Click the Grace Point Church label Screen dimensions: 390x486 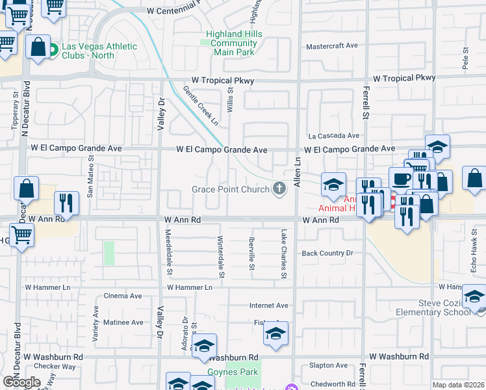click(x=230, y=190)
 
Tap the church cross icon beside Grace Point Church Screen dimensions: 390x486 click(x=279, y=189)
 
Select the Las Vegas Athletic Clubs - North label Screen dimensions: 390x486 click(x=99, y=51)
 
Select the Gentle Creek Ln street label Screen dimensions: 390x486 click(x=200, y=105)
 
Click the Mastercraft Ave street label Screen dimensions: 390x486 click(x=332, y=46)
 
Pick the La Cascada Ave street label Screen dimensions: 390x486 click(x=333, y=136)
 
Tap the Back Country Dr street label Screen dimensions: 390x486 click(x=327, y=253)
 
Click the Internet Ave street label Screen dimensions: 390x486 click(x=269, y=305)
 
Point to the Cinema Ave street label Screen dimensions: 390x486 click(x=123, y=296)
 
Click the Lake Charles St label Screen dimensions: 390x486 click(x=283, y=253)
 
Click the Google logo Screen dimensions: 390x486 click(x=21, y=382)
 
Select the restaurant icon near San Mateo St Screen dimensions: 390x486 click(x=66, y=203)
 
